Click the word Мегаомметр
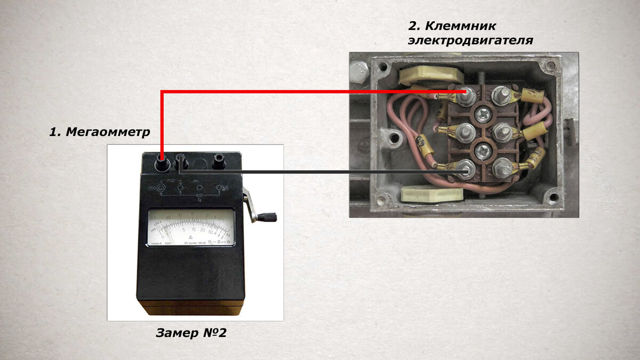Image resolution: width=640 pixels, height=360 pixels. coord(108,132)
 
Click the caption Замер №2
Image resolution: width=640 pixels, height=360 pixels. coord(191,333)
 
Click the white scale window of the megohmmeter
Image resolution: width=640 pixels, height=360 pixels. coord(191,227)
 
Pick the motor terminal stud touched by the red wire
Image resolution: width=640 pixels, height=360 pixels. coord(466,95)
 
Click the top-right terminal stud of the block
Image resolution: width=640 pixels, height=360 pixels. coord(501,95)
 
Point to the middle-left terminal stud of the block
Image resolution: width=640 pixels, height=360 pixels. coord(465,131)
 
